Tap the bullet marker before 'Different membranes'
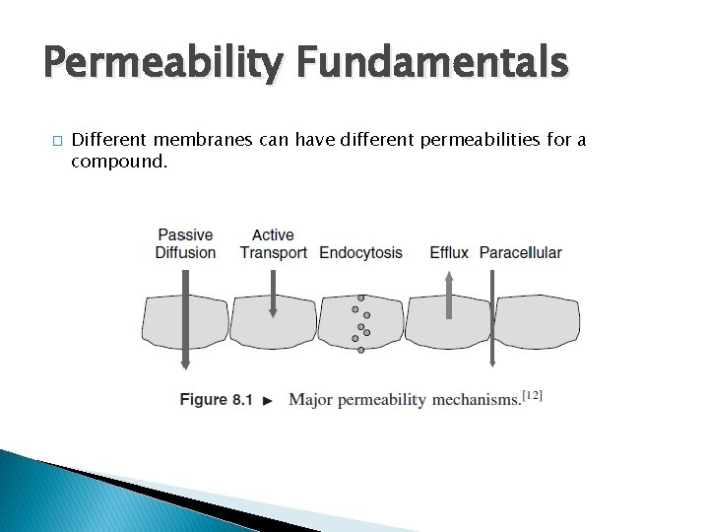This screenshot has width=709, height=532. coord(58,141)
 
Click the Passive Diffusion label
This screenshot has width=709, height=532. coord(185,243)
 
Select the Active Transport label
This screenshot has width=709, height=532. coord(273,243)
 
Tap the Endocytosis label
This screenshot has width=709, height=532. coord(360,252)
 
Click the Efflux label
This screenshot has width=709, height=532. coord(449,252)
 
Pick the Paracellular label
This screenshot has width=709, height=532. coord(520,252)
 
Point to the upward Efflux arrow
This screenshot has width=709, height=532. coord(449,296)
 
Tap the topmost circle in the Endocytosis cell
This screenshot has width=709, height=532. coord(361,297)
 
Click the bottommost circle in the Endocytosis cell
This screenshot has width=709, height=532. coord(361,349)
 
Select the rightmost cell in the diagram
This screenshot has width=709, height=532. coord(537,321)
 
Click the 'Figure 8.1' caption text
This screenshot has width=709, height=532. coord(216,400)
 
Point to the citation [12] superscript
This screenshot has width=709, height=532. coord(532,395)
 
